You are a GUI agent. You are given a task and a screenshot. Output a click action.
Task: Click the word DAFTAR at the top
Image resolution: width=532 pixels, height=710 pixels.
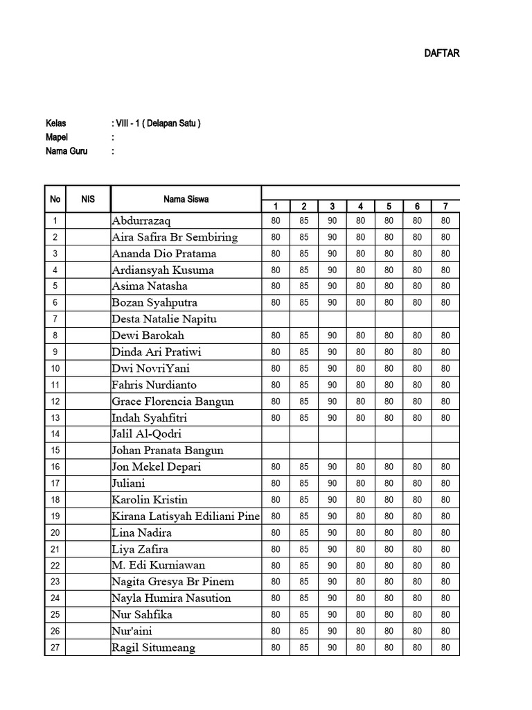point(441,53)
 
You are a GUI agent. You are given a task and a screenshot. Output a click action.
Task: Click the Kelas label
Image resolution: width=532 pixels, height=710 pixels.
point(55,123)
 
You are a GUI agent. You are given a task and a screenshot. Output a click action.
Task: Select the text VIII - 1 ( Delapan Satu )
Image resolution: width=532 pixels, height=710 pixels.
point(156,123)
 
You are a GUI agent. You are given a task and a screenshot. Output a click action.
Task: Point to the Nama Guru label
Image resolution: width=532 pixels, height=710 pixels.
point(66,151)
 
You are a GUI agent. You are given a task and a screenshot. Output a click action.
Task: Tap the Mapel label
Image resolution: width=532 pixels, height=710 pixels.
point(57,137)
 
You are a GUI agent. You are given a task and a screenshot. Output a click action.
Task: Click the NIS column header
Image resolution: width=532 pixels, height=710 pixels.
point(88,200)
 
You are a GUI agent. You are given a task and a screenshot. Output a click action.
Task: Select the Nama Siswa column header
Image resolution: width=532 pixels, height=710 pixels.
point(186,200)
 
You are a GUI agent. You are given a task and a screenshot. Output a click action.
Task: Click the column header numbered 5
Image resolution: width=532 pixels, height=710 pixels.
point(389,206)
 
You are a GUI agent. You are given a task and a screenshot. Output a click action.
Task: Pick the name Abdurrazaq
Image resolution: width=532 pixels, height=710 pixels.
point(145,220)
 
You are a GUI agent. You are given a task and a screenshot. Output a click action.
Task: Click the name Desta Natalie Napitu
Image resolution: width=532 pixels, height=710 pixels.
point(164,319)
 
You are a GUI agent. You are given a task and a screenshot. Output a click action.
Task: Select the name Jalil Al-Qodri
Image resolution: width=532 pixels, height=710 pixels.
point(146,434)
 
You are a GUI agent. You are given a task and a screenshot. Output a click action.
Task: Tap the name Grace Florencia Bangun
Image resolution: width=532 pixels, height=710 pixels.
point(172,401)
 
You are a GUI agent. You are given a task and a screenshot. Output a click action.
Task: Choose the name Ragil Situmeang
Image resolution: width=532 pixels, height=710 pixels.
point(153,648)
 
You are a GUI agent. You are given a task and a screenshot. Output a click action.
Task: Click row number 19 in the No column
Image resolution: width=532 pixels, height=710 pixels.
point(55,517)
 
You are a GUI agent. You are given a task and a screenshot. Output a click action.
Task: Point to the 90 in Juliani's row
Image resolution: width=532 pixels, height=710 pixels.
point(332,483)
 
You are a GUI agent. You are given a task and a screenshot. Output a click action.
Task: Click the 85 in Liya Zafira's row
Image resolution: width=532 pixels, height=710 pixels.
point(304,549)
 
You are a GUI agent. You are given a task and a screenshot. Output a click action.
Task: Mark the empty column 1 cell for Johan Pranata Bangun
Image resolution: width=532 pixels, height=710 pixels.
point(276,451)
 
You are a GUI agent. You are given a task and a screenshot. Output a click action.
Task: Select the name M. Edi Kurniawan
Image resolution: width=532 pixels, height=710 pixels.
point(158,565)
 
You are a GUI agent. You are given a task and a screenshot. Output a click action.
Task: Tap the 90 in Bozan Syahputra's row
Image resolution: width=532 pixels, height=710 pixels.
point(332,303)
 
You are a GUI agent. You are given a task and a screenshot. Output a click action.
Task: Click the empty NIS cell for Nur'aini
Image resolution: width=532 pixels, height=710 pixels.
point(88,631)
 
